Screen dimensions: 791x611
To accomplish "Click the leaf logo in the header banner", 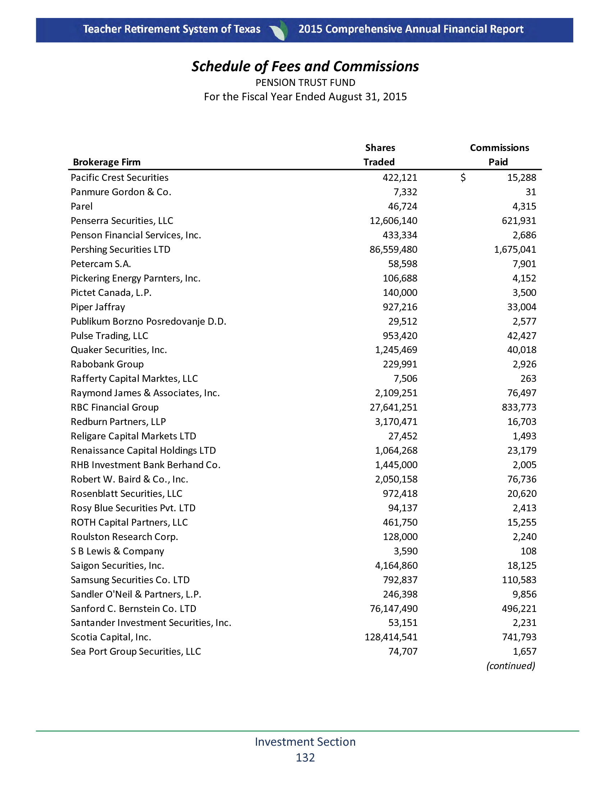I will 279,30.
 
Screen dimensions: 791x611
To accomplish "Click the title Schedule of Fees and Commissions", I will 305,67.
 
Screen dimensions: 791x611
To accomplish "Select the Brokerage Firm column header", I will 106,162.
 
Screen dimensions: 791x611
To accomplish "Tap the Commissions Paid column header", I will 499,155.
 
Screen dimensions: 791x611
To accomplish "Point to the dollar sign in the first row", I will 463,178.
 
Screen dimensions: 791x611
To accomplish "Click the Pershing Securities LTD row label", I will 120,250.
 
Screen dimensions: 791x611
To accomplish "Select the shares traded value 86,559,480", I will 393,250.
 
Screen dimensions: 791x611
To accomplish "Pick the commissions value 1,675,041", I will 515,250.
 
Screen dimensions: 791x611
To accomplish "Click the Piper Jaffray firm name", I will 98,307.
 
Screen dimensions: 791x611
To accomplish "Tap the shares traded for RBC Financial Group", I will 393,407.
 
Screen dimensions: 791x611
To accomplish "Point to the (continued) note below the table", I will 510,666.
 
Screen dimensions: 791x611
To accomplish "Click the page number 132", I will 305,758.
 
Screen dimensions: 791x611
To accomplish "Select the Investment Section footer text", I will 305,742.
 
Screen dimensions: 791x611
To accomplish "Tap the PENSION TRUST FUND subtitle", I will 305,83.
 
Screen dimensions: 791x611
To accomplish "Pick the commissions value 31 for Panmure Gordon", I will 530,192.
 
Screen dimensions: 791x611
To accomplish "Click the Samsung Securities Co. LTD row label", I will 130,580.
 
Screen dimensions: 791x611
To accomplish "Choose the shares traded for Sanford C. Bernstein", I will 394,608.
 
